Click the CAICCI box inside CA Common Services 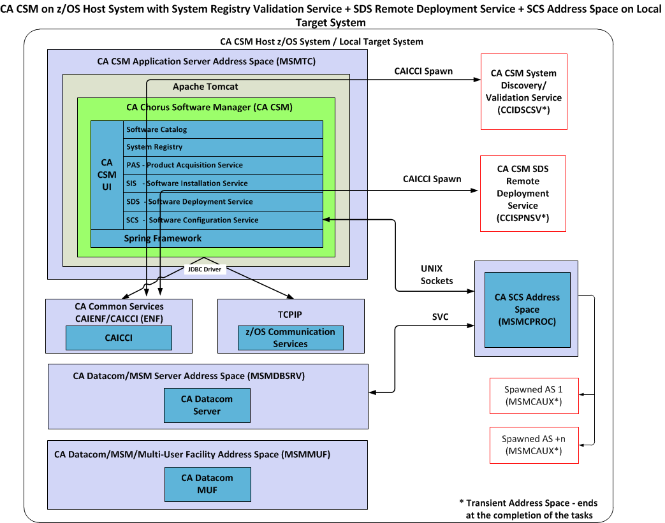[x=119, y=338]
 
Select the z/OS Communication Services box [x=290, y=338]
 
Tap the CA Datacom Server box [x=207, y=405]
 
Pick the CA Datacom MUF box [x=207, y=484]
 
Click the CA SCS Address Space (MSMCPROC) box [x=527, y=309]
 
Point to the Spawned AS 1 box [x=532, y=395]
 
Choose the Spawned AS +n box [x=532, y=445]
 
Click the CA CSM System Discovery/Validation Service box [x=523, y=92]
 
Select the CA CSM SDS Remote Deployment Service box [x=523, y=194]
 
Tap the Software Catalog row [x=223, y=130]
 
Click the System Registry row [x=223, y=147]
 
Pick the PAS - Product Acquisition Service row [x=223, y=165]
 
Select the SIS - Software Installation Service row [x=223, y=183]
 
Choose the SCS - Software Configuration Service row [x=223, y=220]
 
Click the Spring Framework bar [x=207, y=238]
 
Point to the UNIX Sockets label [x=437, y=274]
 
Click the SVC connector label [x=441, y=317]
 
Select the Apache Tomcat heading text [x=205, y=86]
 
